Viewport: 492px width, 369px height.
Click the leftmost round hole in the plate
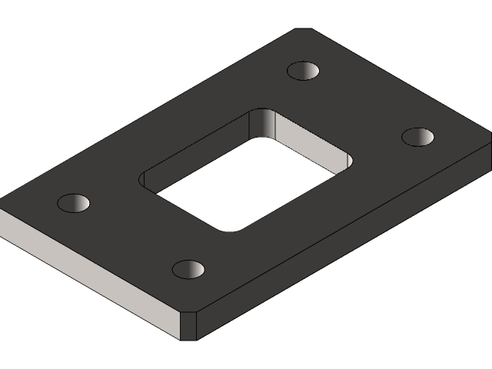tap(74, 204)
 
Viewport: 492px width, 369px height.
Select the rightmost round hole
tap(418, 137)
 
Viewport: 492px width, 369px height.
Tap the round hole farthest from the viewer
tap(304, 71)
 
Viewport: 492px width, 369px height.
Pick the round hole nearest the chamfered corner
tap(188, 269)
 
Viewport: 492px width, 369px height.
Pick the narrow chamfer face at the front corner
tap(188, 325)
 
